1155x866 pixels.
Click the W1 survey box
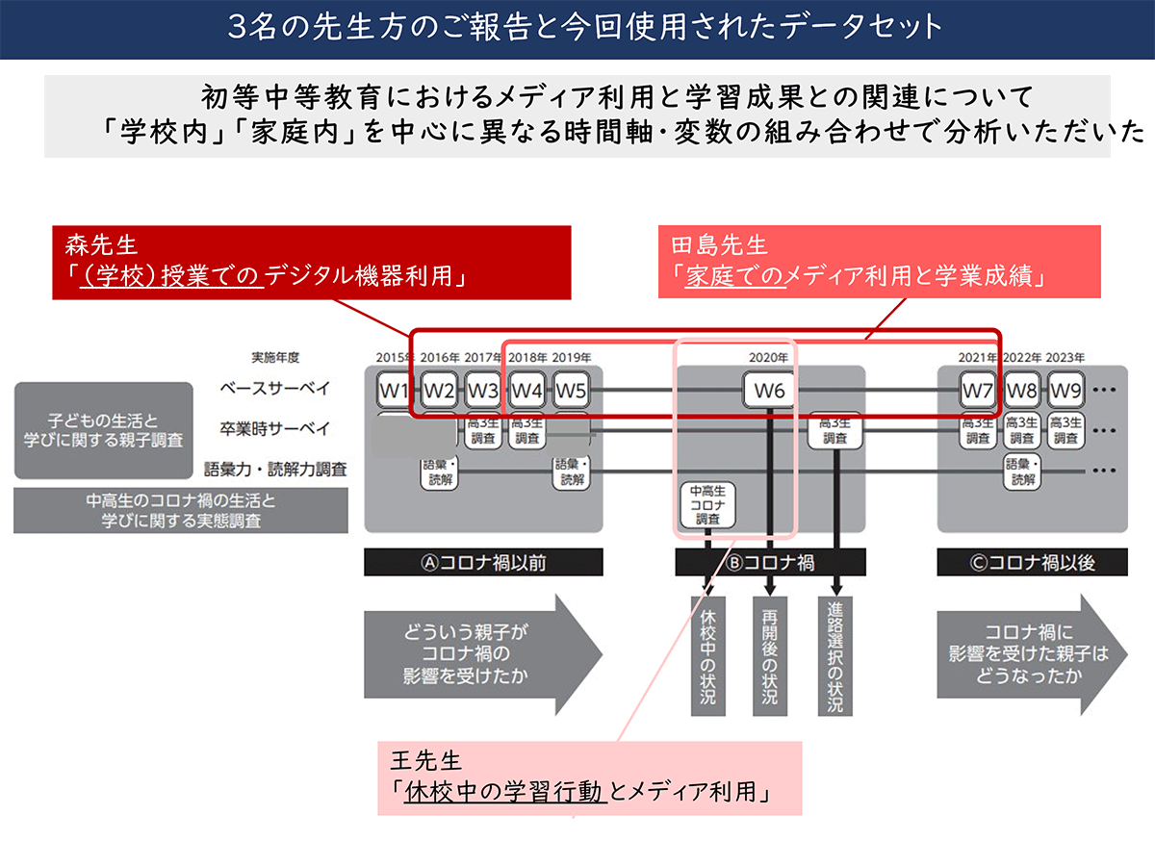coord(395,391)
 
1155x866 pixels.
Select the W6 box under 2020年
coord(769,391)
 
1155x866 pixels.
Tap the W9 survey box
coord(1065,391)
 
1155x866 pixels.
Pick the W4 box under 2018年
coord(526,391)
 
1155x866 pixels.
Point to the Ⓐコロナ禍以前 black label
coord(483,563)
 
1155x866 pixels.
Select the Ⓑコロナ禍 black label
coord(770,563)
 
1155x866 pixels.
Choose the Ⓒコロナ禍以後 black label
coord(1032,563)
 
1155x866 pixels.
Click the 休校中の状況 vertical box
coord(708,654)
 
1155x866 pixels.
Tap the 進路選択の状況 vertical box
coord(834,654)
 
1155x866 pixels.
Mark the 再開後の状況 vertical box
coord(769,654)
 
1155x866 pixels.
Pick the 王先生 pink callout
coord(589,777)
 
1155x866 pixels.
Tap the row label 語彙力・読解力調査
coord(275,471)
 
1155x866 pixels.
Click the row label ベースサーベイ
coord(275,389)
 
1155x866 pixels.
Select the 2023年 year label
coord(1065,358)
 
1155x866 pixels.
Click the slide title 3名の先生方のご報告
coord(577,27)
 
